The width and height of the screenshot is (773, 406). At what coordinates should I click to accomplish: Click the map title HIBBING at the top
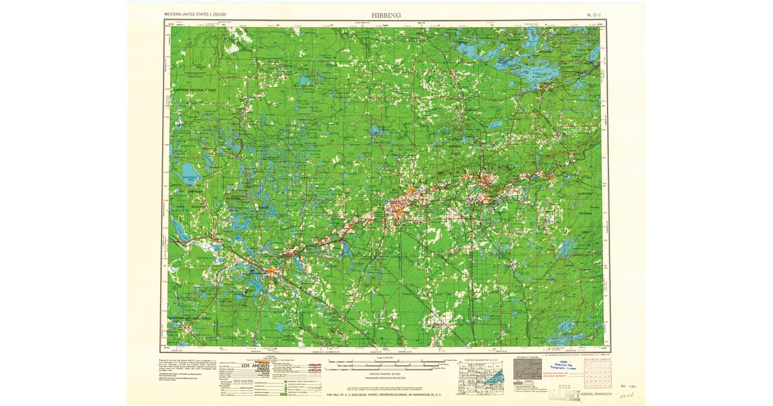386,14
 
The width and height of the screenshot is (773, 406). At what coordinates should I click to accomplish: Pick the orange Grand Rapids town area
271,271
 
